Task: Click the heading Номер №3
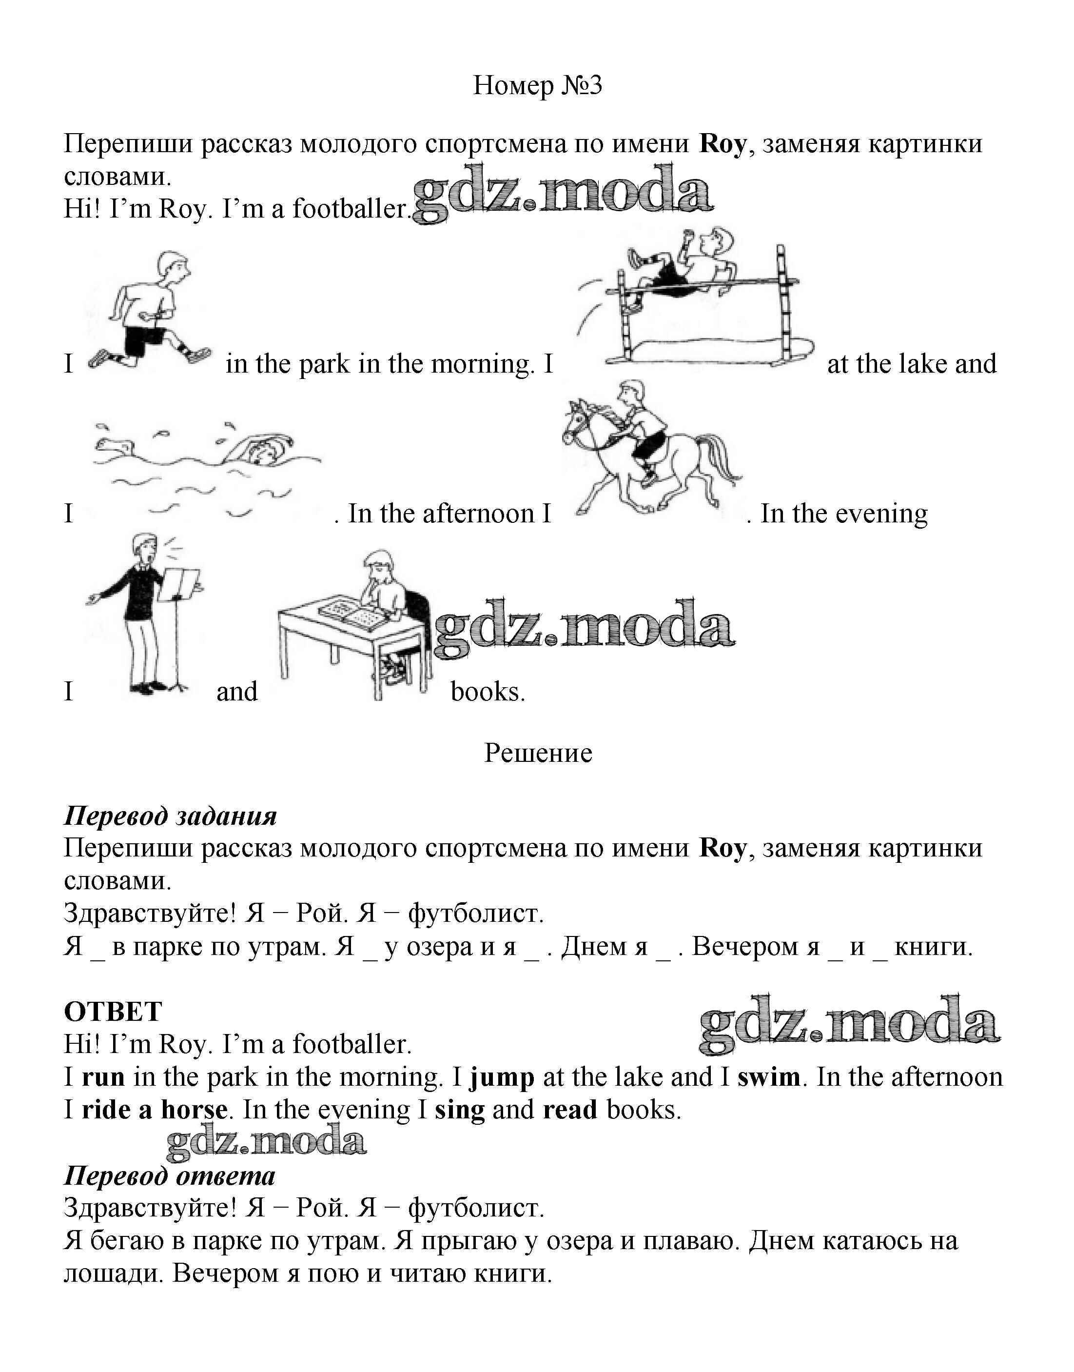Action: pos(537,85)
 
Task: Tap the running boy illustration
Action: pos(151,308)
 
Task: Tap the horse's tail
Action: pos(723,459)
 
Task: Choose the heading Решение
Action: pos(538,753)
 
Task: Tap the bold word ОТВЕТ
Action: pos(113,1012)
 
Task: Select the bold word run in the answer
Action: pos(103,1077)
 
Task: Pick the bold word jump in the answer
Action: pos(502,1077)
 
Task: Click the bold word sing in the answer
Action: pos(460,1110)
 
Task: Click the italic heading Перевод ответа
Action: pos(170,1176)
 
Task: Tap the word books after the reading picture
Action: pos(488,692)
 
